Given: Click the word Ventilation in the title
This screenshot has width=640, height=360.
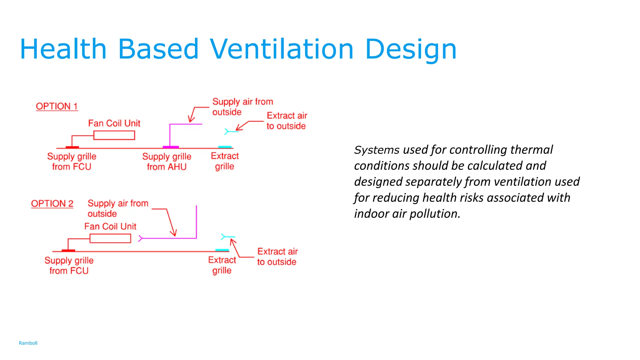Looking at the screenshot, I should [x=281, y=49].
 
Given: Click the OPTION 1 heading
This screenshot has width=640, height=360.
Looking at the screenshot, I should [x=57, y=106].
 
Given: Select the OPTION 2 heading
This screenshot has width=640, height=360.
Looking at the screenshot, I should [x=52, y=204].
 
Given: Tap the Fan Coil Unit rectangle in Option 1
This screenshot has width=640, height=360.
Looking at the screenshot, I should [x=114, y=135].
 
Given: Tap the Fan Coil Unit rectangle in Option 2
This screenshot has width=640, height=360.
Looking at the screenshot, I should [x=110, y=238].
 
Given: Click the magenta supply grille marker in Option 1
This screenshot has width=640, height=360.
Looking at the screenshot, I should [x=171, y=147].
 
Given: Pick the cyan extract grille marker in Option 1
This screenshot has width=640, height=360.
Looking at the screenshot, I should [x=225, y=147].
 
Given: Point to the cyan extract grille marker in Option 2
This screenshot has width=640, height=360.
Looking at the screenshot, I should [x=222, y=250].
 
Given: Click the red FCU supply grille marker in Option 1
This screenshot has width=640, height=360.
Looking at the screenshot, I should [x=72, y=147].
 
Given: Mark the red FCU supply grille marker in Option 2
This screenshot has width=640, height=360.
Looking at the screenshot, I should [x=68, y=250].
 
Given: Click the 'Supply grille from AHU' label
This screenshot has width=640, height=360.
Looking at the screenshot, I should [x=167, y=162].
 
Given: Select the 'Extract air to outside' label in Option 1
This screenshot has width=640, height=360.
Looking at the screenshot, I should [x=287, y=121].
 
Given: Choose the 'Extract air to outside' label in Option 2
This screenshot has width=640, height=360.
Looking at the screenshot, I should [x=277, y=257].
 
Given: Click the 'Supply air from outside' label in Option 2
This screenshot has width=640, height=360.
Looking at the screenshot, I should [x=117, y=208].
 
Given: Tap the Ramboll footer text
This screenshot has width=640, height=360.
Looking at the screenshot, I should [x=28, y=343].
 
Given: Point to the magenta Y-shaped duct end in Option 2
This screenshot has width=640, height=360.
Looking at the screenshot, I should [x=141, y=238].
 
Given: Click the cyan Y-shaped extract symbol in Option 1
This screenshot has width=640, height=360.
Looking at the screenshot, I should [x=227, y=132].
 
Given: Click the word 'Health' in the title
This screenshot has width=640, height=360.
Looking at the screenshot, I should [x=63, y=49].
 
